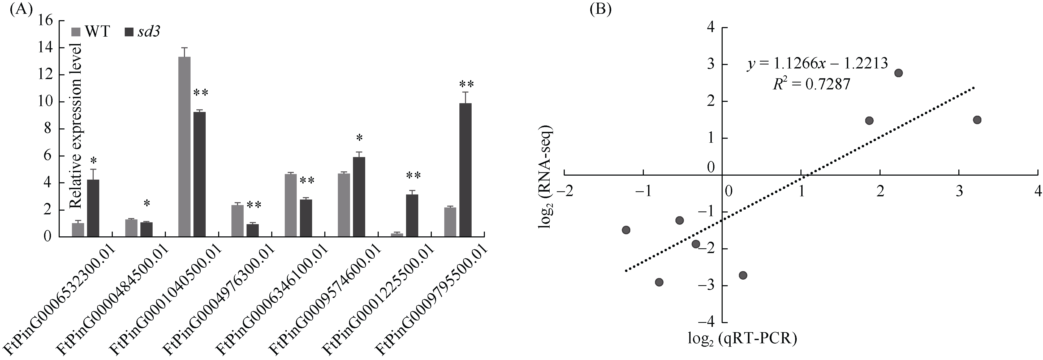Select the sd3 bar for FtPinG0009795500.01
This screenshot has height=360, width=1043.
click(x=465, y=170)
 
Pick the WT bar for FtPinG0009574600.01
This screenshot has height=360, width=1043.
click(x=343, y=205)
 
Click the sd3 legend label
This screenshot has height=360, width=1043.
click(x=148, y=32)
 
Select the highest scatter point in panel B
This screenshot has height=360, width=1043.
click(x=898, y=73)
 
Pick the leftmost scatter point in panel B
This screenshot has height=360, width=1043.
click(x=626, y=230)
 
